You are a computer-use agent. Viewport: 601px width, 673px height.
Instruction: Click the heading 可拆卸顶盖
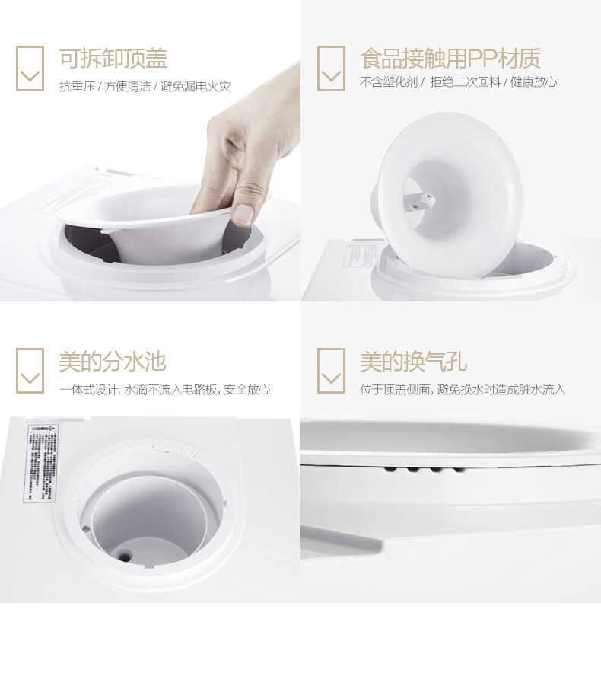coord(113,59)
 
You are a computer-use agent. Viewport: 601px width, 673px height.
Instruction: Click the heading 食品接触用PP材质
coord(450,59)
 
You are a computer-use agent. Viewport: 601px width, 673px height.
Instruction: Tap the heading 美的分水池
coord(112,362)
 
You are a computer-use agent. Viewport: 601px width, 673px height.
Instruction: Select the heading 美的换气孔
coord(413,362)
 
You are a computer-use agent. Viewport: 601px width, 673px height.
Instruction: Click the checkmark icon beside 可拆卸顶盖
coord(30,69)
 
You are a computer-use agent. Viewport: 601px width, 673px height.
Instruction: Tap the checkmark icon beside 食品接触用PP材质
coord(331,69)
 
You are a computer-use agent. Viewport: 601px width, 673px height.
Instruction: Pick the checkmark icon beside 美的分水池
coord(30,371)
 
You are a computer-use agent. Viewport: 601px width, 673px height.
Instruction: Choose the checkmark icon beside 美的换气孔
coord(331,371)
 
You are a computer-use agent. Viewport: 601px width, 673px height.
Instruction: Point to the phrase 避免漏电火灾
coord(195,86)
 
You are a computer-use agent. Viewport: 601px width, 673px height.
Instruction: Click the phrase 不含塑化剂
coord(388,82)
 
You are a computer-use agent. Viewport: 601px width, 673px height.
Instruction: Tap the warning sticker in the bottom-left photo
coord(40,462)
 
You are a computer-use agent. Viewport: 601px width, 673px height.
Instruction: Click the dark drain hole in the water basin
coord(124,557)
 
